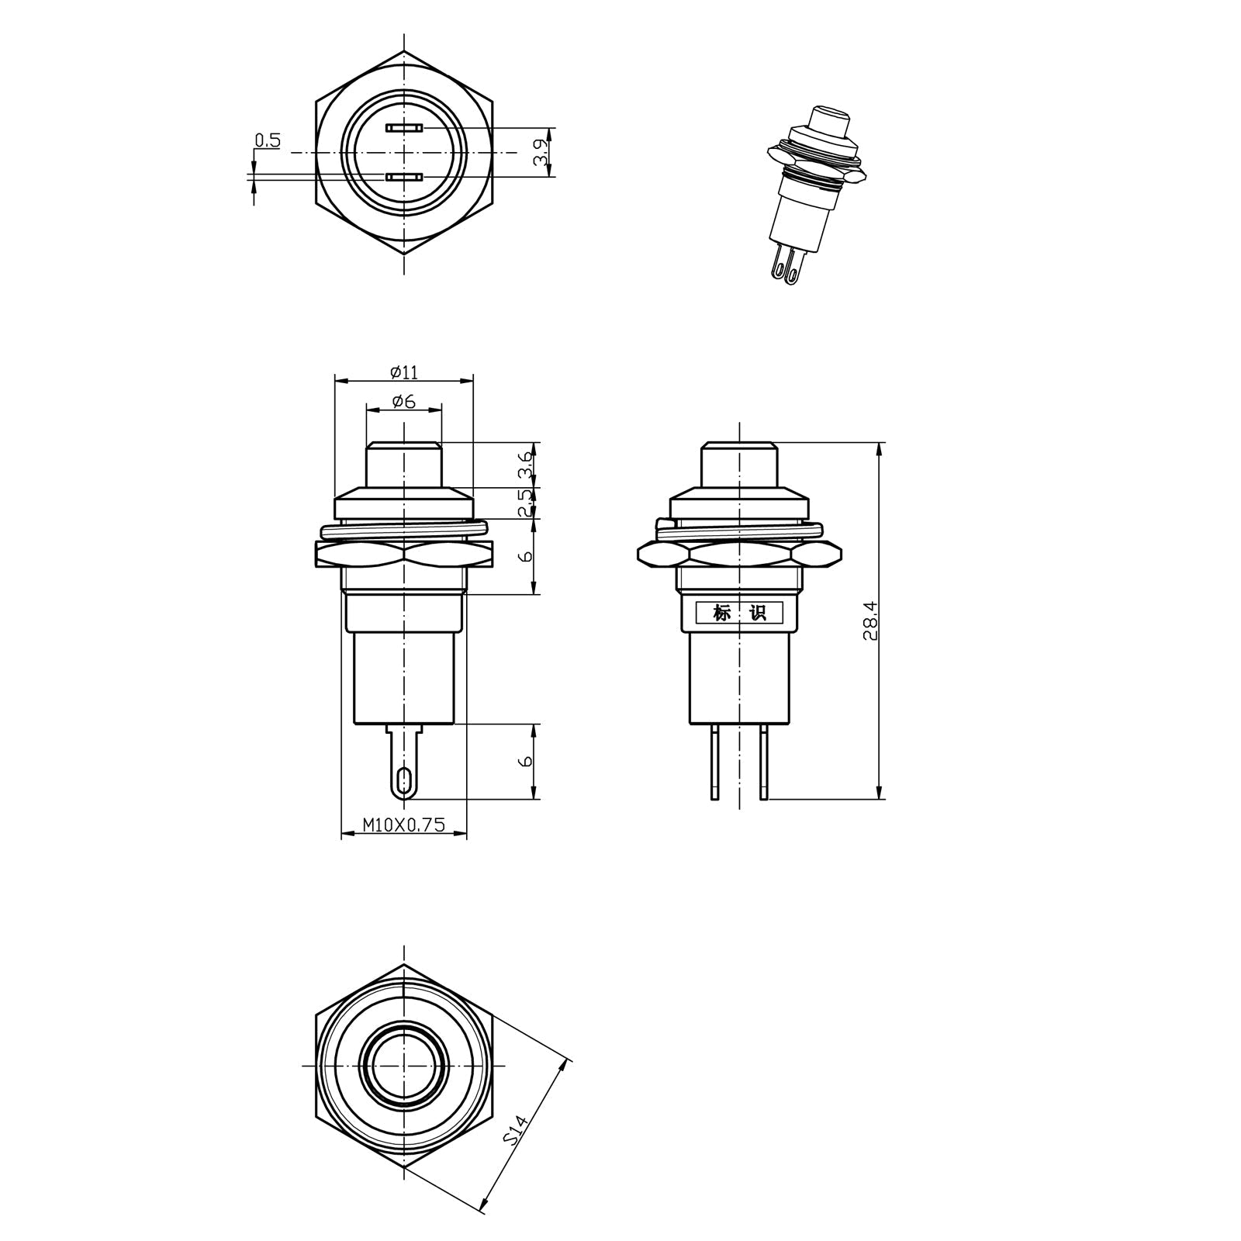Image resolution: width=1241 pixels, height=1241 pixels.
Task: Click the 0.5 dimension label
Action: pos(268,140)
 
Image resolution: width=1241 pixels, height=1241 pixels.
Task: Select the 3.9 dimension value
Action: pos(541,152)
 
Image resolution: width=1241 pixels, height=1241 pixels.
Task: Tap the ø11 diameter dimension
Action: pos(403,372)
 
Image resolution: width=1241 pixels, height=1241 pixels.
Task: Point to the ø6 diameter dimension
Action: pos(403,401)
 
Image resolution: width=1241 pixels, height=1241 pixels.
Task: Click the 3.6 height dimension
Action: pos(526,465)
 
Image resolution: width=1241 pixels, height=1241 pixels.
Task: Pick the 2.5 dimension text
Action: pos(526,503)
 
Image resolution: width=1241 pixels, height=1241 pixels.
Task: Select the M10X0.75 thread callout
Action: pos(403,825)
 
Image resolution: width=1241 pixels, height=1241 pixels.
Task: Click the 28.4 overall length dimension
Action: pos(870,620)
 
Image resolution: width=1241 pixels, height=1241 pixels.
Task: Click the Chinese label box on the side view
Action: pos(739,613)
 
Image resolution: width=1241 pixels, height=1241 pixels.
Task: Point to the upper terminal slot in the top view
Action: pos(403,127)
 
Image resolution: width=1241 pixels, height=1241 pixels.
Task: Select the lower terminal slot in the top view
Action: pos(403,178)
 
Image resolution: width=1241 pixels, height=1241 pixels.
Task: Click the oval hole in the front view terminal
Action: pos(403,780)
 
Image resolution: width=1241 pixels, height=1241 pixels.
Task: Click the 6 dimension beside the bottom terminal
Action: pos(526,761)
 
